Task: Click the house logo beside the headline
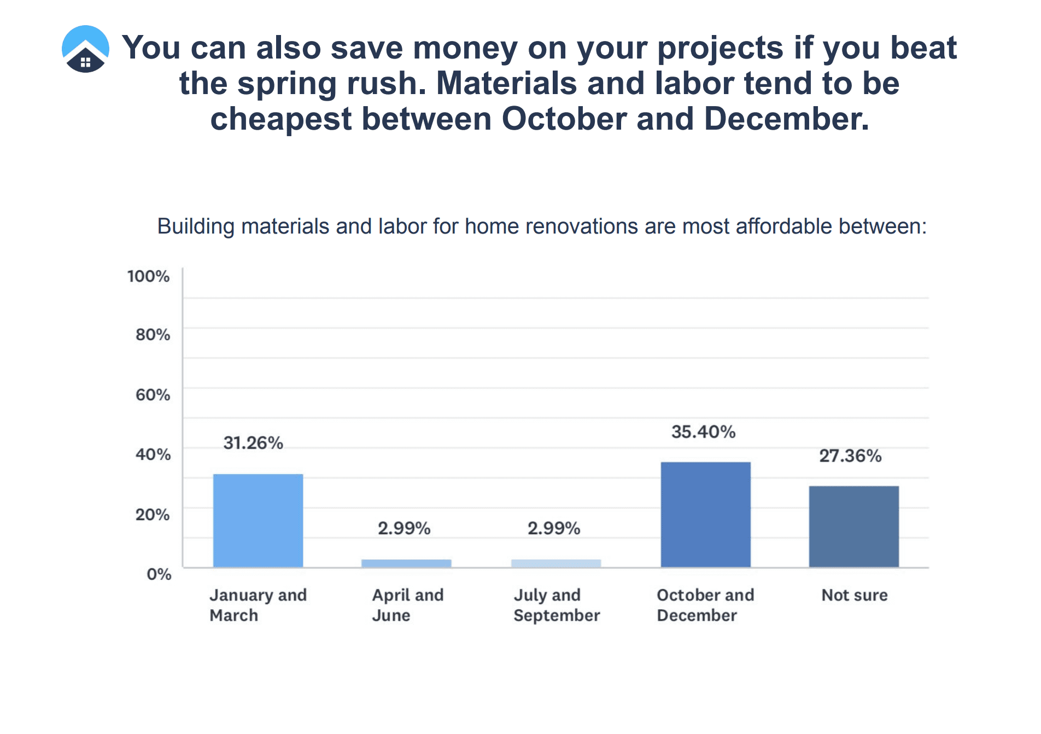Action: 85,49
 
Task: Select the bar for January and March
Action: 258,520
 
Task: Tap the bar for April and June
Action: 406,563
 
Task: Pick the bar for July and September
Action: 556,563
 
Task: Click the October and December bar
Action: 705,514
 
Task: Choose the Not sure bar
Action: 853,526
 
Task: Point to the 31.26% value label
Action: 253,443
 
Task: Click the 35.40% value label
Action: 703,432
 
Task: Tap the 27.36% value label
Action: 850,456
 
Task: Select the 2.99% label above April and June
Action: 404,528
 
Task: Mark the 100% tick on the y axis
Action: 148,276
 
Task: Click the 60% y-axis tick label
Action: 153,395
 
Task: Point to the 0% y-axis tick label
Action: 159,574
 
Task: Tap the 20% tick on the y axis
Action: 153,515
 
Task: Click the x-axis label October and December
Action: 705,605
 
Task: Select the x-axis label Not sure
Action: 854,595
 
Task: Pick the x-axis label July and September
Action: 556,605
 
